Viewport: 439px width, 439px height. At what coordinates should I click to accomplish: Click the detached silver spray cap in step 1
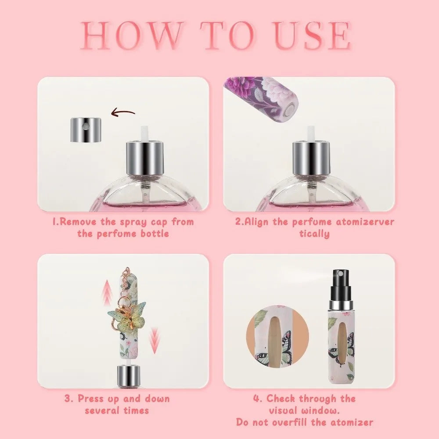[86, 130]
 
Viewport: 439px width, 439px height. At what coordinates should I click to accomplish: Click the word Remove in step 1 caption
[76, 222]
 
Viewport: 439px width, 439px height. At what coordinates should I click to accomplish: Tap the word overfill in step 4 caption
[302, 422]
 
